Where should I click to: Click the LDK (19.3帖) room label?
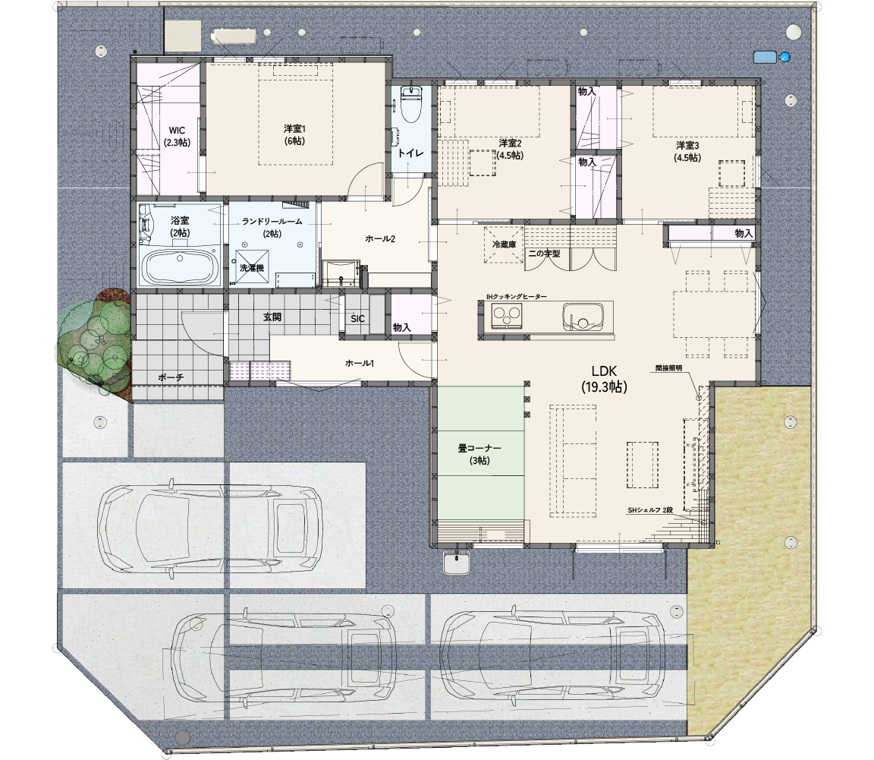604,380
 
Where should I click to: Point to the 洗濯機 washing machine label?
251,268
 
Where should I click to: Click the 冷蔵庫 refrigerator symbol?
504,244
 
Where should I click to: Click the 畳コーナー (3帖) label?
479,455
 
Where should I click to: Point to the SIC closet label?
357,319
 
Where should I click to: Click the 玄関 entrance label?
272,317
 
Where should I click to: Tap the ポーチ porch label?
171,378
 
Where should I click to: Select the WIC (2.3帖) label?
177,137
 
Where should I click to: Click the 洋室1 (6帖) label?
294,134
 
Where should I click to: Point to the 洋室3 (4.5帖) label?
687,151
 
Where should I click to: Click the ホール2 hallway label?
380,239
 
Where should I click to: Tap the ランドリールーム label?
272,222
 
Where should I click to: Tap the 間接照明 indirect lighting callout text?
668,368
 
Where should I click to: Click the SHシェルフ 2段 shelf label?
650,510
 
